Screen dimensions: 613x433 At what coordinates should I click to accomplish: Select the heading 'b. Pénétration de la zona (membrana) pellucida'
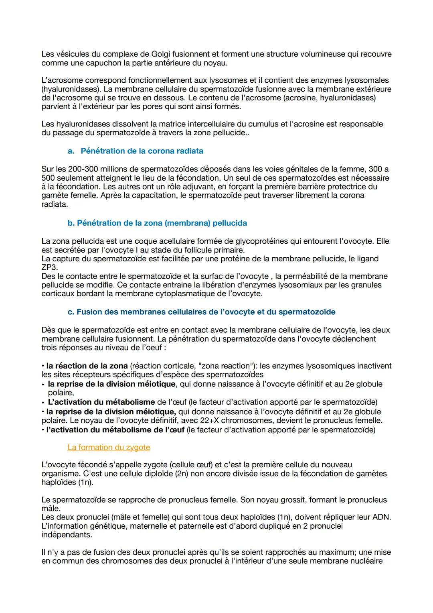[x=157, y=223]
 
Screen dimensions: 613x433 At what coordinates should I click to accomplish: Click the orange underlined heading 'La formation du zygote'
[x=109, y=447]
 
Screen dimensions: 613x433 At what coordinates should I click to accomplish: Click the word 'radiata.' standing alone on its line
[x=55, y=204]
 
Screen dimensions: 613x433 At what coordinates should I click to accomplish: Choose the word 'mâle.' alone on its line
[x=51, y=509]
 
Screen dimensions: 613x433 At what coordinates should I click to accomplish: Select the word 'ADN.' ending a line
[x=382, y=517]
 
